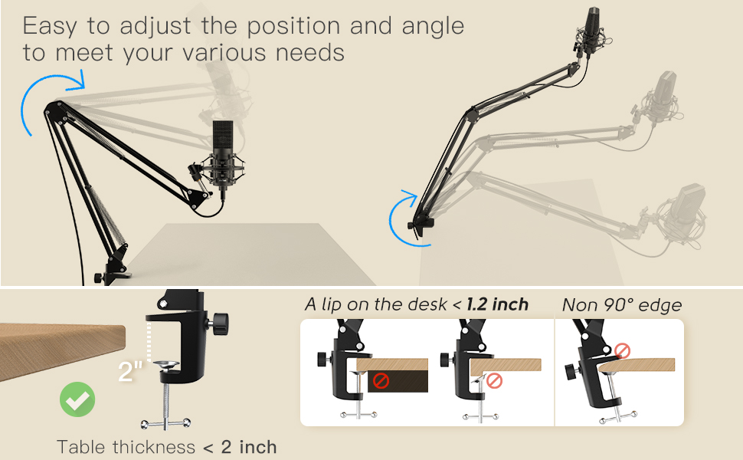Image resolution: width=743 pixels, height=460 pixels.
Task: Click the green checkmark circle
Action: coord(77,399)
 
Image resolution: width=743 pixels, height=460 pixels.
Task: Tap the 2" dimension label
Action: coord(131,373)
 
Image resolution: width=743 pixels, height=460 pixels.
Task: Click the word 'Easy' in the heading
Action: coord(51,25)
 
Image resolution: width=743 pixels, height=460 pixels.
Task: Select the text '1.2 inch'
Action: coord(499,304)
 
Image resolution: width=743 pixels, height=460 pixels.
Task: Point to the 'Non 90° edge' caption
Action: coord(621,304)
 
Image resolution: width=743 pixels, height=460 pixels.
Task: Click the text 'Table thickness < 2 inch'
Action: coord(166,446)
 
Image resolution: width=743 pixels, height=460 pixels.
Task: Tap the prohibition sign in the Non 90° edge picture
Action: coord(622,352)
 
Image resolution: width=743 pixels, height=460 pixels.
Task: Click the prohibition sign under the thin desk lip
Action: coord(494,380)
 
